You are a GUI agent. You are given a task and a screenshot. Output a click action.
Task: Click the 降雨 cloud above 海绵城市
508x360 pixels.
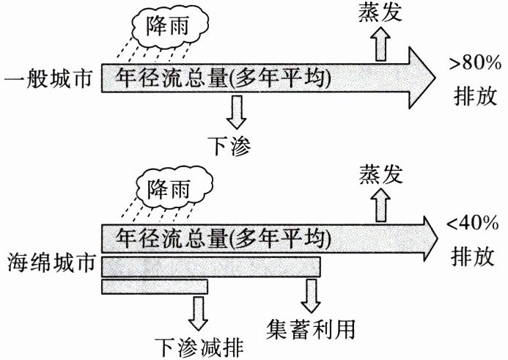(x=170, y=189)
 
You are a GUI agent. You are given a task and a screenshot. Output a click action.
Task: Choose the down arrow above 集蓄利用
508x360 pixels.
(x=310, y=294)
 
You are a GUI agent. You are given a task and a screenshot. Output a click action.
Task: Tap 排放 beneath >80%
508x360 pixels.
(x=475, y=96)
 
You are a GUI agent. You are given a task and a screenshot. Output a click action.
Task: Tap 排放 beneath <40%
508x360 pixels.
(x=475, y=257)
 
